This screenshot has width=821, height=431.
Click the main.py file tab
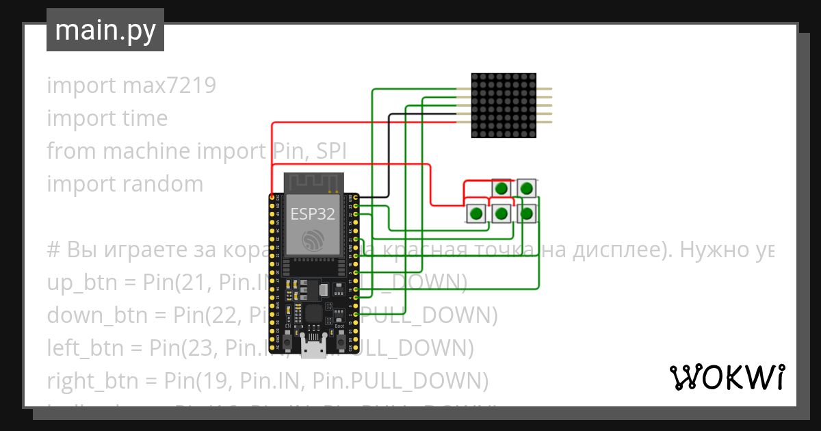pos(105,30)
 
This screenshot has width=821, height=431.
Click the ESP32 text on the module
pos(313,213)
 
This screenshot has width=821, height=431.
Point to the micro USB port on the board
pos(314,349)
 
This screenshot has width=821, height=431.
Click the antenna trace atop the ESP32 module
pos(313,183)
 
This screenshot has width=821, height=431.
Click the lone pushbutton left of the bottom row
pos(476,214)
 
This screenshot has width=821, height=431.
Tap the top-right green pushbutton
pos(525,188)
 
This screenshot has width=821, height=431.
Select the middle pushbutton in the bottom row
pos(502,214)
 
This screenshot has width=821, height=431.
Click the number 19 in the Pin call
pos(208,380)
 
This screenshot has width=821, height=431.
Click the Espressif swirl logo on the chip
pos(313,239)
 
